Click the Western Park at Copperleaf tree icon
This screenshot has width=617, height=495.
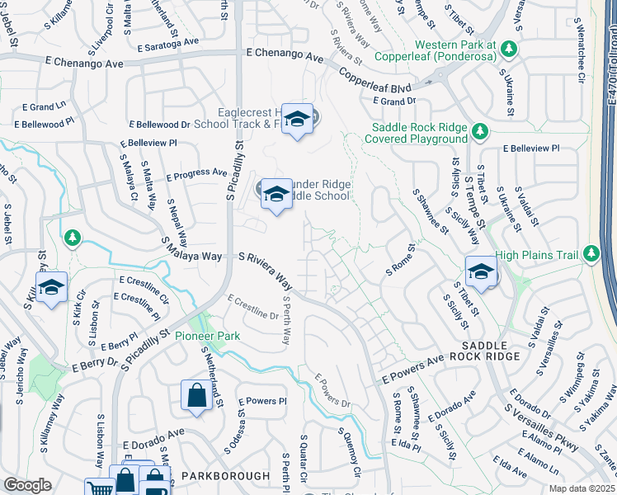[509, 49]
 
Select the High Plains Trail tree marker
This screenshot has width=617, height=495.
[591, 252]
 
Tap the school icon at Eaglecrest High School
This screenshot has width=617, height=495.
[296, 120]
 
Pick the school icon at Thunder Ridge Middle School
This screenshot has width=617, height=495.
[276, 194]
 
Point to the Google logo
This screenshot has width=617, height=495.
[27, 485]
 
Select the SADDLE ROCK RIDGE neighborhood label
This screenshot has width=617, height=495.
[491, 350]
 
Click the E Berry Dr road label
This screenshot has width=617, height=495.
[96, 362]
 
